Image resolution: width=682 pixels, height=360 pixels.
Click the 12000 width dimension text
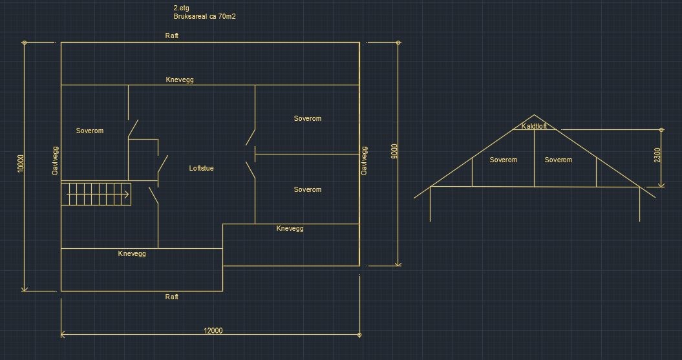click(x=213, y=331)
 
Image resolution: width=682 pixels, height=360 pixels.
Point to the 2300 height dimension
click(x=657, y=155)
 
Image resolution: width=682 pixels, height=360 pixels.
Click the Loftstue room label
click(x=201, y=169)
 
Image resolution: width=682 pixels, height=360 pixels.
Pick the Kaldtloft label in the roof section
click(x=534, y=126)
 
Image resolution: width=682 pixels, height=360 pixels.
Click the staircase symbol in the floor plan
click(x=96, y=193)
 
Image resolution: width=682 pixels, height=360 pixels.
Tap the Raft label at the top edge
click(x=171, y=36)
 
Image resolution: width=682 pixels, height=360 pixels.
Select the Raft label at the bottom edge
click(x=171, y=297)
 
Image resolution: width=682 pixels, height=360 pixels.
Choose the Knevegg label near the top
click(x=180, y=80)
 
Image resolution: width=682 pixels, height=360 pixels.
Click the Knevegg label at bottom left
click(x=132, y=253)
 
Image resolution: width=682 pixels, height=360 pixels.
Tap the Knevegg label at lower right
click(x=290, y=229)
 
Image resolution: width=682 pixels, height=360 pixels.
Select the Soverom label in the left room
click(x=89, y=131)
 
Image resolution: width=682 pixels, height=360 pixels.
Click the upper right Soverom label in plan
click(x=307, y=119)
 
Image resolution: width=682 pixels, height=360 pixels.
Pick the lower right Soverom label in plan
click(x=307, y=190)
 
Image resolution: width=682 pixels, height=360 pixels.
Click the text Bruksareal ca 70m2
click(x=204, y=16)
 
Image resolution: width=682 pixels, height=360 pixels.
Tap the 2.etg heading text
click(x=181, y=8)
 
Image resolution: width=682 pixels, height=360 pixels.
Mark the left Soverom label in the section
click(x=503, y=160)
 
